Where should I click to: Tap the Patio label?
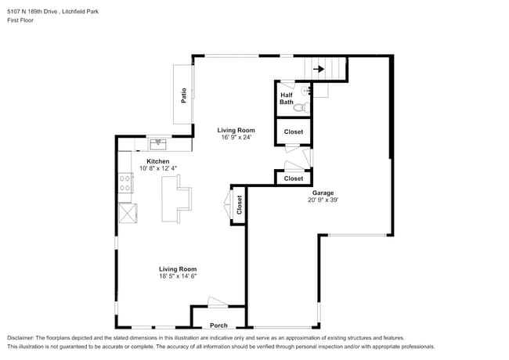click(184, 95)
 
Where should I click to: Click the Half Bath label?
click(287, 98)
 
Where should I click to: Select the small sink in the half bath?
click(306, 91)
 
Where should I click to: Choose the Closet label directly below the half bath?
click(293, 131)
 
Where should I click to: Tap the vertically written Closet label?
click(240, 205)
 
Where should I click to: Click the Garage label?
click(324, 192)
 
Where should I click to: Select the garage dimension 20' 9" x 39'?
click(324, 200)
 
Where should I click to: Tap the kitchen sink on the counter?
click(158, 143)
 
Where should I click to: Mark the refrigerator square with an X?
click(125, 213)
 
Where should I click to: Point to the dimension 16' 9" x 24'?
click(236, 138)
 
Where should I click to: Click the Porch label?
click(218, 326)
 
